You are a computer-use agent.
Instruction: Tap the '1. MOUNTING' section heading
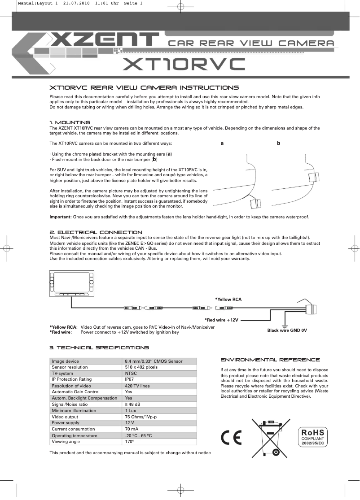[70, 122]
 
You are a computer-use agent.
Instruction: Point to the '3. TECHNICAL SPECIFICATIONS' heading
[99, 348]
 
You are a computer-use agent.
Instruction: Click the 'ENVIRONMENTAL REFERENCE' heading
[270, 360]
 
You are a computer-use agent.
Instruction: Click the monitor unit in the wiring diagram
[72, 283]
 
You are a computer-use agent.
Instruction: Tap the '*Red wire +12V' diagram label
[221, 320]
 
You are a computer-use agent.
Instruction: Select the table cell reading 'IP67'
[129, 379]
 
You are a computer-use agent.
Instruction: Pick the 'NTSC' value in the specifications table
[131, 373]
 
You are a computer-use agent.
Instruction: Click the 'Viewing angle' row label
[66, 441]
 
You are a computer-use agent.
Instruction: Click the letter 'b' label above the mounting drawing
[278, 143]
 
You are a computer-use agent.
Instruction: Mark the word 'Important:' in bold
[60, 217]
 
